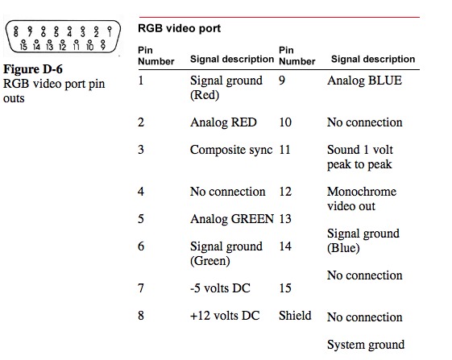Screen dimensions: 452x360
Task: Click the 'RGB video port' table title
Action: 179,28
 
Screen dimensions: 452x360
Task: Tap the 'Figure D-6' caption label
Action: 33,69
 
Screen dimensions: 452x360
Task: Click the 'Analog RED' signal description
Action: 223,122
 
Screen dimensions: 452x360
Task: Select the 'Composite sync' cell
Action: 231,150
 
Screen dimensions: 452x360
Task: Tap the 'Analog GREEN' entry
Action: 232,219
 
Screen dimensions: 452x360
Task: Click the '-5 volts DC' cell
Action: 220,288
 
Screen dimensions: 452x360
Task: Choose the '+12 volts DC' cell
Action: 225,316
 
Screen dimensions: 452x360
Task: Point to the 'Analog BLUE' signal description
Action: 364,81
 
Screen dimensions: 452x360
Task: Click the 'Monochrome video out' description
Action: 362,199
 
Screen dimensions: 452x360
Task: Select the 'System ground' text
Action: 366,345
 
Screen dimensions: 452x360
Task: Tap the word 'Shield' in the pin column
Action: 295,316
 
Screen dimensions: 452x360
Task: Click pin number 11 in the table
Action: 284,150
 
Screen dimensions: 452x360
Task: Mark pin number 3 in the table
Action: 141,150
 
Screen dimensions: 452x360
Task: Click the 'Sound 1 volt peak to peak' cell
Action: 360,157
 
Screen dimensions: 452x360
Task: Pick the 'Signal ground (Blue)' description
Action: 363,241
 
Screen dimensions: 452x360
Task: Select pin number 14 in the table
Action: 285,246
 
